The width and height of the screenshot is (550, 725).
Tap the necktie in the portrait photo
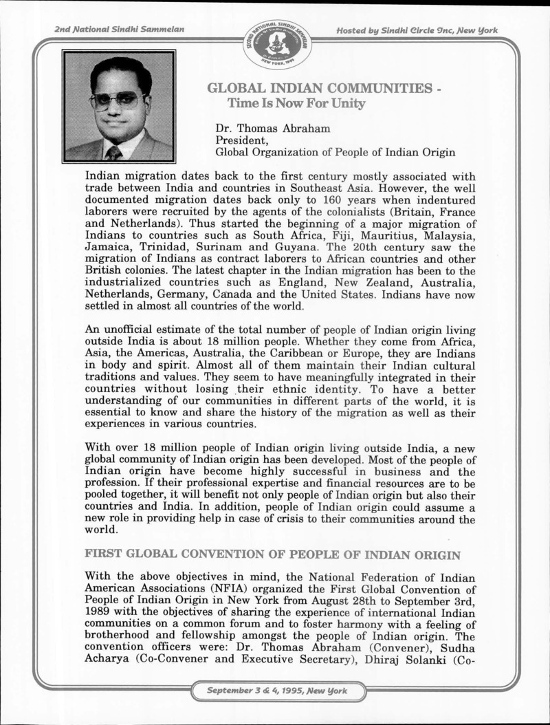[114, 152]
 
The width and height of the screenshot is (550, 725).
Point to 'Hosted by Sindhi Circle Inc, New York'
[417, 31]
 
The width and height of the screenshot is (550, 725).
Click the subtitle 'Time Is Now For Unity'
[291, 104]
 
